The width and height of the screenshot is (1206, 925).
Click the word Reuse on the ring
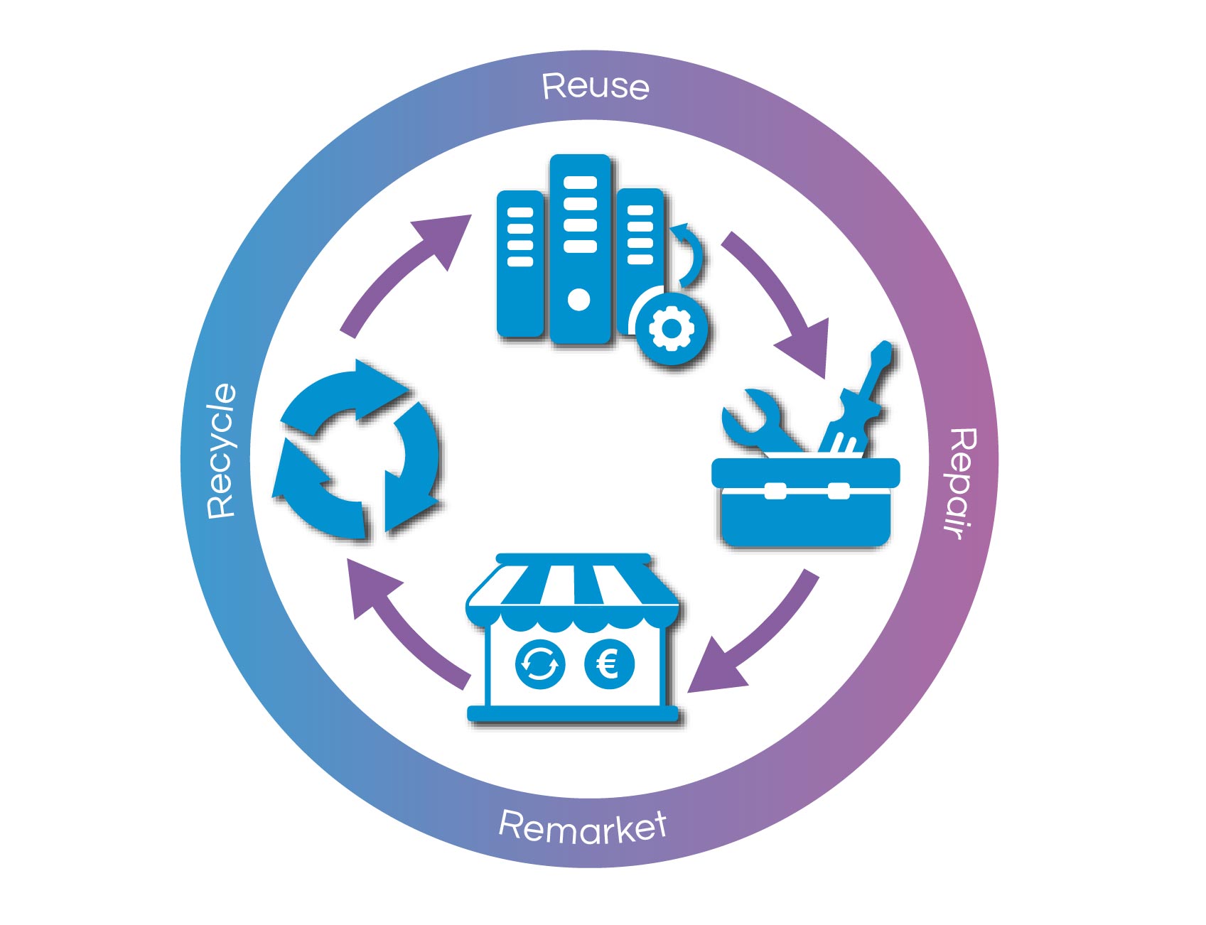[596, 87]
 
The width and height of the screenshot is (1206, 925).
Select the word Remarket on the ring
[583, 826]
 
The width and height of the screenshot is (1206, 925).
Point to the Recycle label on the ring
[221, 450]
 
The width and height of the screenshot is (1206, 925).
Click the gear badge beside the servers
[669, 328]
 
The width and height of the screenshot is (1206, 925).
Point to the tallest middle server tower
[580, 249]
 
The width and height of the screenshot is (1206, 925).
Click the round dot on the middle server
[579, 300]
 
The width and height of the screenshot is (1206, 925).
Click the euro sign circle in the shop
[608, 665]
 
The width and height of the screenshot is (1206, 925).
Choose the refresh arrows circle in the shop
[539, 665]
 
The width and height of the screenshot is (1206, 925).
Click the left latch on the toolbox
[775, 490]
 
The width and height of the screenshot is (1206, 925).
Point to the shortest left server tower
[520, 263]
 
